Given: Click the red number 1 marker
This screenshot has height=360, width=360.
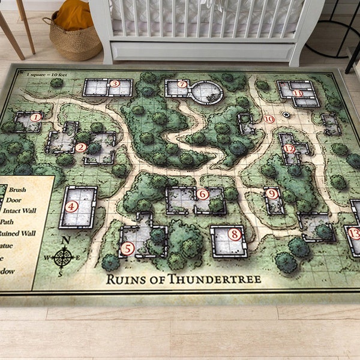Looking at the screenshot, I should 37,117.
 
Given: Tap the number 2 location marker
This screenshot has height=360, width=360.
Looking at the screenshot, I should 81,147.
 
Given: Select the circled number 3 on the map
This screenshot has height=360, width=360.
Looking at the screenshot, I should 114,84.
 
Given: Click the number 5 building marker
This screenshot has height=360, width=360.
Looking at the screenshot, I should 127,248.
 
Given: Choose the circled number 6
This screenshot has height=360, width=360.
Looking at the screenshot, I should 203,194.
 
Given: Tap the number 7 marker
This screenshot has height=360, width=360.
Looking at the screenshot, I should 182,85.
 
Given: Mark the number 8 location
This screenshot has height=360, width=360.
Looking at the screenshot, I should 234,235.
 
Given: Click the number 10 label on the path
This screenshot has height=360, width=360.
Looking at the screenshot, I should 269,119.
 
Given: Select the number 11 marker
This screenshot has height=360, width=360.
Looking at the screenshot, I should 298,92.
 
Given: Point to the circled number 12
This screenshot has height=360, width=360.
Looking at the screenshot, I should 290,148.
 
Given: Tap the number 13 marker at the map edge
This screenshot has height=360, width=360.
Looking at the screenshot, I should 355,233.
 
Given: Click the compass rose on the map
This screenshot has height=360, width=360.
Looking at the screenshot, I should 63,257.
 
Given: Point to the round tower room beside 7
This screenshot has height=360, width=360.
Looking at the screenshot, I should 207,92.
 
